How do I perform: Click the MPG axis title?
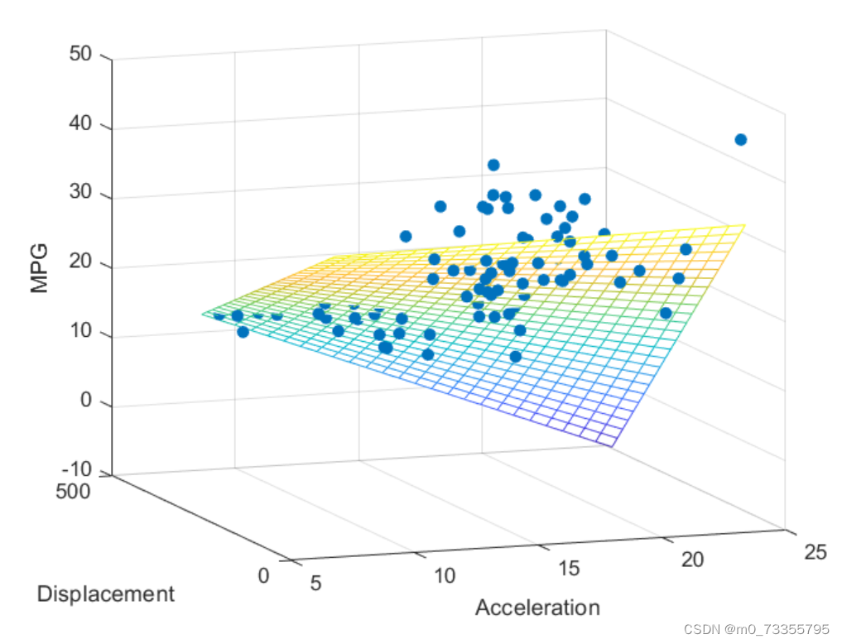(x=39, y=268)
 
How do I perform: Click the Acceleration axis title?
(x=537, y=608)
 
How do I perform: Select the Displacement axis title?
(x=106, y=594)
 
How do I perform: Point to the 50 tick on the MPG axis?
(x=80, y=54)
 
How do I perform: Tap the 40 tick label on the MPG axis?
(x=80, y=123)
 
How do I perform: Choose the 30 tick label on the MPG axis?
(x=80, y=191)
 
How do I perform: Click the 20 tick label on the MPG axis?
(x=80, y=262)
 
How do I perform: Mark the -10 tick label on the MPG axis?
(x=77, y=469)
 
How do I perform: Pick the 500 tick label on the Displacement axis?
(x=73, y=491)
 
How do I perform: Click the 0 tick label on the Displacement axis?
(x=263, y=575)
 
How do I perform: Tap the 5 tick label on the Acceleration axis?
(x=315, y=583)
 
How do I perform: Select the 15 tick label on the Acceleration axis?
(x=570, y=568)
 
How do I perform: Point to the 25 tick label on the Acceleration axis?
(x=816, y=551)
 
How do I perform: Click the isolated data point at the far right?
(x=740, y=140)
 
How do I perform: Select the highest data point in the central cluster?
(x=493, y=165)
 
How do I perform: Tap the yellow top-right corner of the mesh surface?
(x=745, y=225)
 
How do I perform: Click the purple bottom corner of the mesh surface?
(x=612, y=446)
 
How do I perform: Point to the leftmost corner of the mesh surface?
(x=202, y=314)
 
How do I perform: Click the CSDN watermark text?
(x=757, y=629)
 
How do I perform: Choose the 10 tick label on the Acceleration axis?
(x=445, y=575)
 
